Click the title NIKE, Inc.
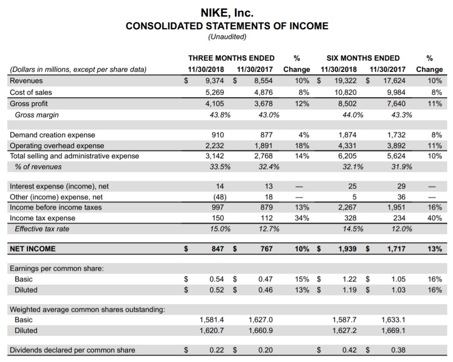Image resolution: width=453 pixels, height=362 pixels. [227, 12]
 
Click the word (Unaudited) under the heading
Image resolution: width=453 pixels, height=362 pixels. [227, 37]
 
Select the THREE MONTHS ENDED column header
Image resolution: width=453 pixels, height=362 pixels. [231, 58]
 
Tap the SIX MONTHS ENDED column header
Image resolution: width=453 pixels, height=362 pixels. [364, 58]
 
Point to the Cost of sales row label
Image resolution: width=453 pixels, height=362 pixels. [31, 92]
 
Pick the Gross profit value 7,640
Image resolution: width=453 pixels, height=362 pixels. [395, 104]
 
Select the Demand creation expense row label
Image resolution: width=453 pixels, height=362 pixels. [53, 135]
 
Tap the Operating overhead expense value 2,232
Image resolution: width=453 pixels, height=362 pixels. [214, 146]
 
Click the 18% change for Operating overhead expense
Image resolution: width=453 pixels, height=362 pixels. [302, 146]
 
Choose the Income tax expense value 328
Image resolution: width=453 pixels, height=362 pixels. [349, 218]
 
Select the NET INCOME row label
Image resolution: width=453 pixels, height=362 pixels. [33, 249]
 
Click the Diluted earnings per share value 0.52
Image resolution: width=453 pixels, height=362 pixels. [216, 290]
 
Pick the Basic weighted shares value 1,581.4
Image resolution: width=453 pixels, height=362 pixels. [212, 319]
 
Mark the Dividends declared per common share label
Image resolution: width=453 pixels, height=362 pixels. [72, 350]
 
